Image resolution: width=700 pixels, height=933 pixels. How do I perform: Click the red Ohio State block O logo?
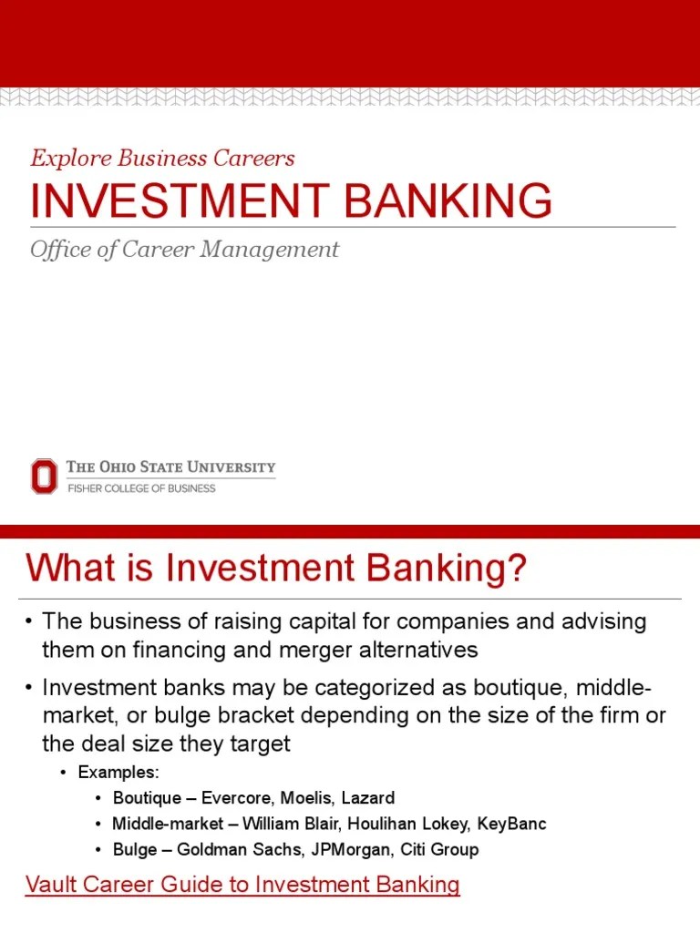pos(44,477)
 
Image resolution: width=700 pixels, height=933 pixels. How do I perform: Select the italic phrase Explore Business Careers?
pos(162,158)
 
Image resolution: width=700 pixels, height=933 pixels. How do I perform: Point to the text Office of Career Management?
pos(184,249)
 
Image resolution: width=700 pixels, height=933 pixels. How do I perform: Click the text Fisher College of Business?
pos(141,488)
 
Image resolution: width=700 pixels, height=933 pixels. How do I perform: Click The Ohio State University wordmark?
pos(170,467)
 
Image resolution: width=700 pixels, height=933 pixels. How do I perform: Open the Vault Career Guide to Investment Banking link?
pos(242,885)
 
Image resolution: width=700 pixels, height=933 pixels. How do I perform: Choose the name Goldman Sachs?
pos(227,849)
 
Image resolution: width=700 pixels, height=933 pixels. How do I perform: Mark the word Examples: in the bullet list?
pos(118,773)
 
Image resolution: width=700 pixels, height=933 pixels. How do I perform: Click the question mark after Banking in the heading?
pos(517,569)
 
